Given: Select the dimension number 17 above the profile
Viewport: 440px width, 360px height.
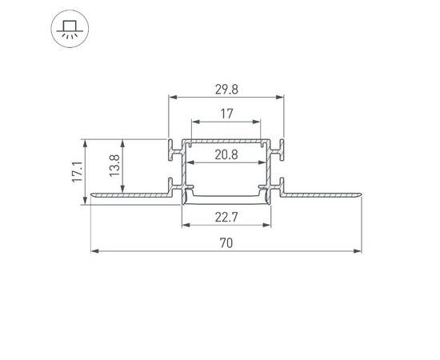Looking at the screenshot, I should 226,114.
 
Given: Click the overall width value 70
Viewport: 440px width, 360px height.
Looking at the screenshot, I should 226,243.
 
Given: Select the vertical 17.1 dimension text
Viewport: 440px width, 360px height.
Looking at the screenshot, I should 77,171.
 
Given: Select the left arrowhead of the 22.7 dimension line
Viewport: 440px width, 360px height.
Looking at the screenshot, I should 187,225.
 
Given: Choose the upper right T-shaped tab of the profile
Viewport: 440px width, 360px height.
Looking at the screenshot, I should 280,149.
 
